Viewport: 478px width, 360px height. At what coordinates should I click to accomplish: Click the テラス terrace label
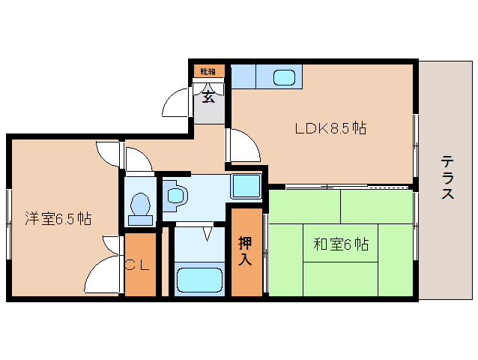click(447, 178)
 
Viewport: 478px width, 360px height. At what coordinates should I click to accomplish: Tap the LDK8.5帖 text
click(330, 128)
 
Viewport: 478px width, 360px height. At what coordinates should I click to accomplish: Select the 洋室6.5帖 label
click(58, 219)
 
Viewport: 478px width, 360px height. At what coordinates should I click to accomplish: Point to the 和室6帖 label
click(341, 244)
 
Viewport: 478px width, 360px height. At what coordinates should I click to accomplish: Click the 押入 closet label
click(245, 251)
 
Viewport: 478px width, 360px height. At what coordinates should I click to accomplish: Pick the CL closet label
click(140, 264)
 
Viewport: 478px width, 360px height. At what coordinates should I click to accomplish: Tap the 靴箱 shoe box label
click(208, 72)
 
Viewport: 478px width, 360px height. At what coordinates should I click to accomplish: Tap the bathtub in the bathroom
click(199, 280)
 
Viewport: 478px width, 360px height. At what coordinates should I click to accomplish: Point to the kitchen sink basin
click(284, 76)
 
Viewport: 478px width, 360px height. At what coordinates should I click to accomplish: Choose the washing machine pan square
click(245, 184)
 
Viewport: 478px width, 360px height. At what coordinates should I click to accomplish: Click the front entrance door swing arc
click(177, 102)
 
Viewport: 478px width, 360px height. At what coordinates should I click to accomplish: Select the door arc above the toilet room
click(136, 159)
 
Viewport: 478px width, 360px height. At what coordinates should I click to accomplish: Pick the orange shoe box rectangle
click(208, 72)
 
